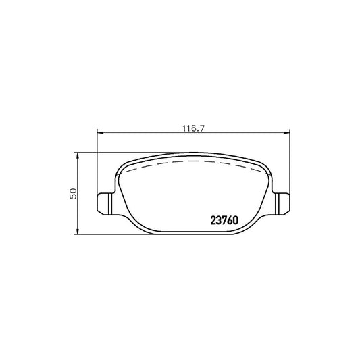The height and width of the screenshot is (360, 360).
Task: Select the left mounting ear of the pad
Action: click(105, 203)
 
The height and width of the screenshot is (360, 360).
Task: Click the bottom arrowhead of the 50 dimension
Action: click(78, 230)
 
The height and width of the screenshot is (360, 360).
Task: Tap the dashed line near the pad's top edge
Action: click(193, 163)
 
